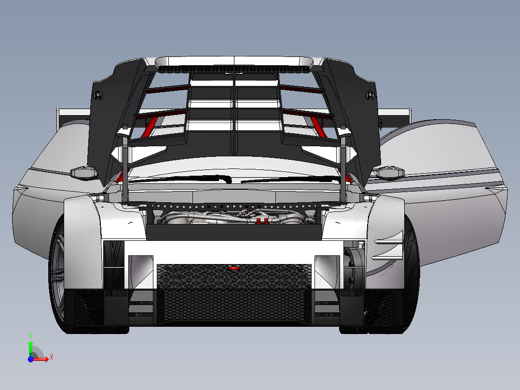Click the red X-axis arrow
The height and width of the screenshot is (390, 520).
(x=42, y=358)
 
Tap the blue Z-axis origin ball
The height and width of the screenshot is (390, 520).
(x=30, y=359)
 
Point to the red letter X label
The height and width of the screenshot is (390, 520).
(x=51, y=357)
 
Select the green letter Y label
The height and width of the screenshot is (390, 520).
(x=30, y=334)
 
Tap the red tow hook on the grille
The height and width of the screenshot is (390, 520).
(x=234, y=267)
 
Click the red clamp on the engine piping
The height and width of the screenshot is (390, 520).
(x=261, y=221)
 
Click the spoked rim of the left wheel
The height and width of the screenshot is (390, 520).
(x=57, y=275)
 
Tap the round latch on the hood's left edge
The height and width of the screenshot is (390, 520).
(x=98, y=95)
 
